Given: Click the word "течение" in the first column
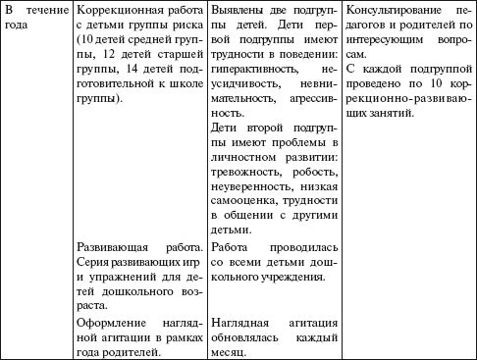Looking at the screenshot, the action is point(40,10).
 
